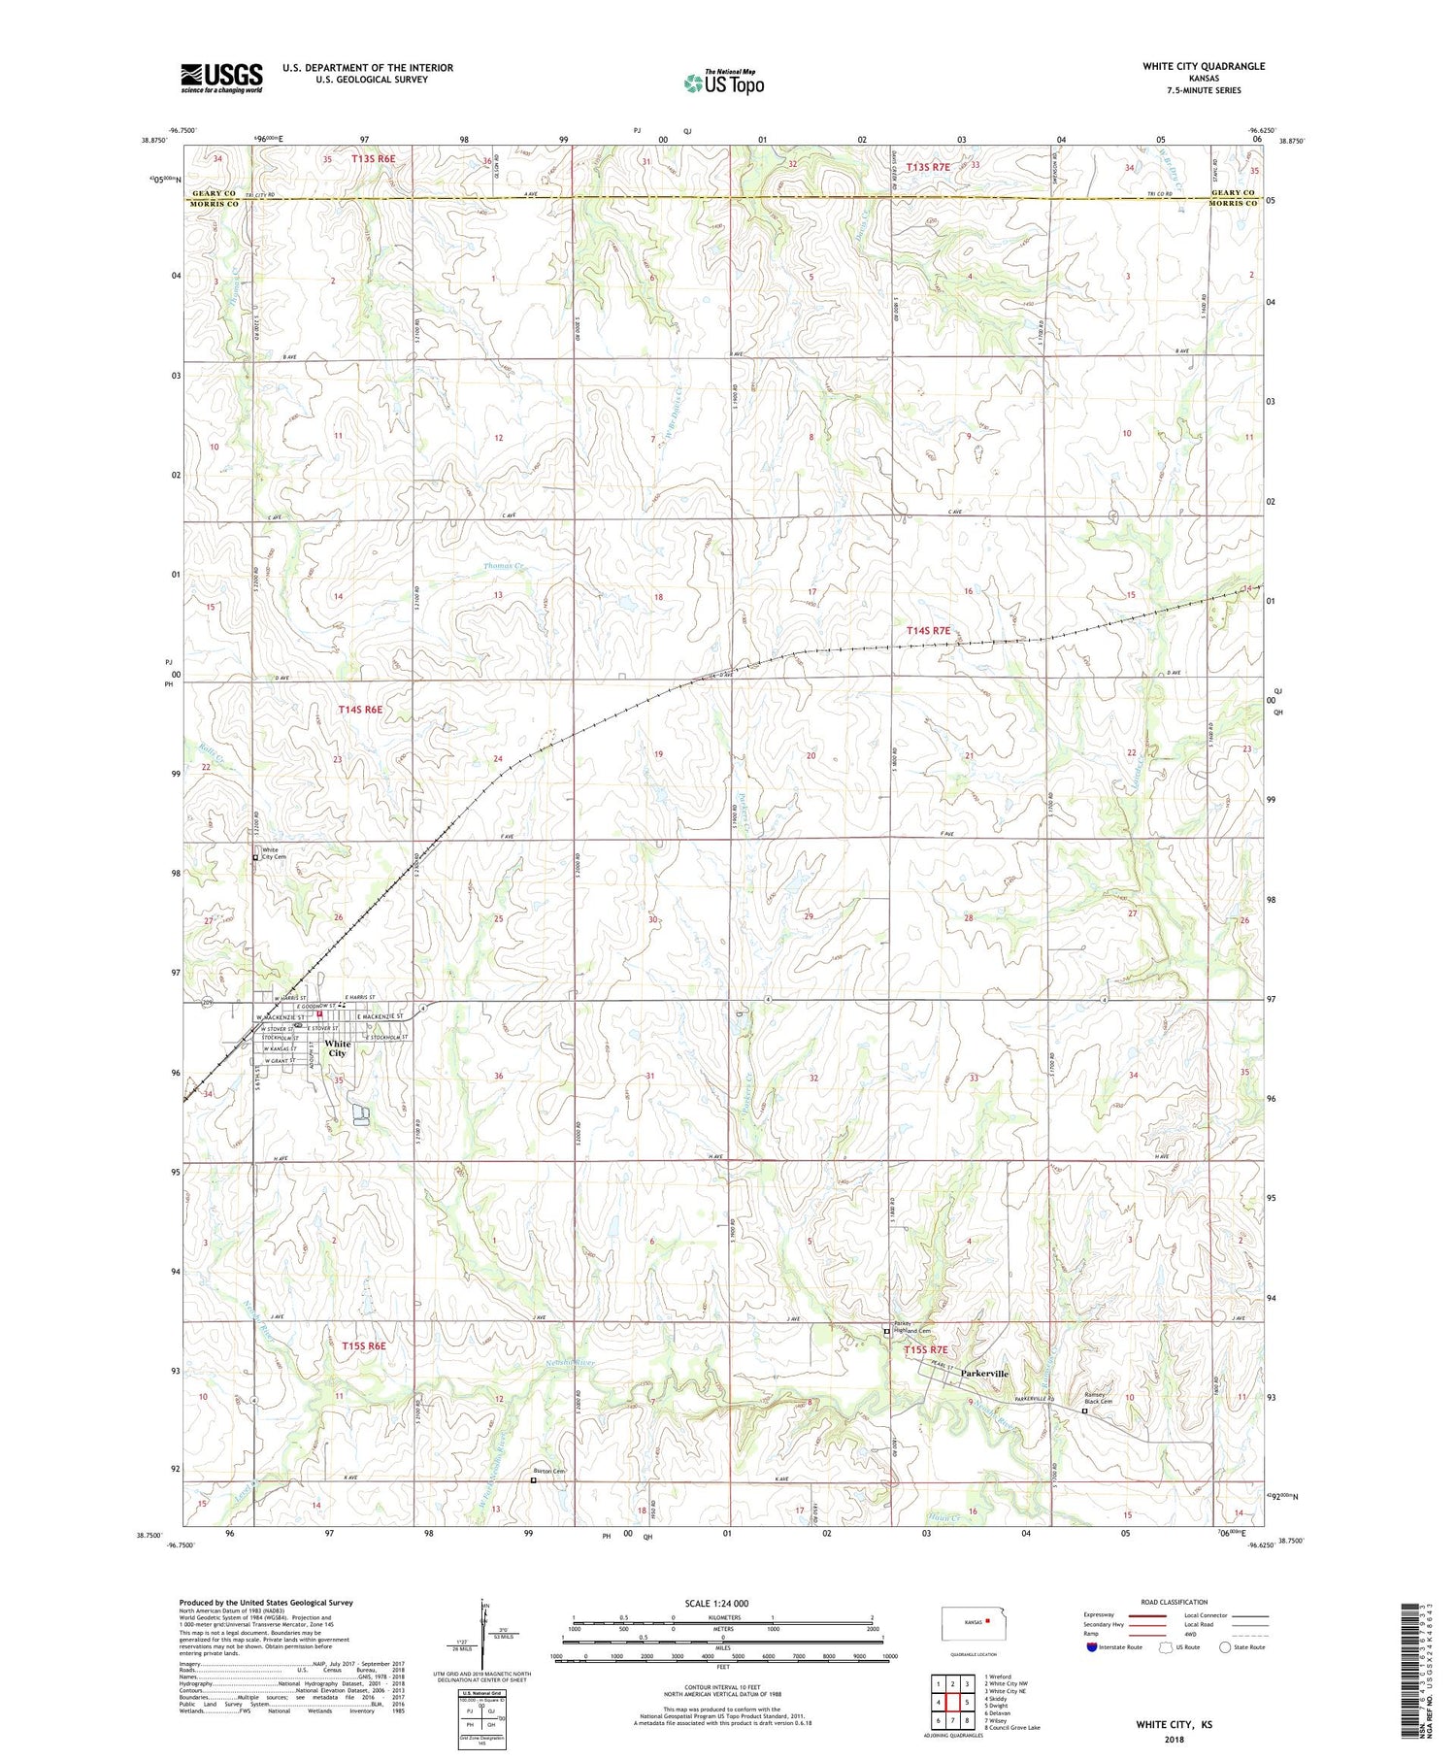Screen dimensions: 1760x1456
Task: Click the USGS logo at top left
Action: [221, 78]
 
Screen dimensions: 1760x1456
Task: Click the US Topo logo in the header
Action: [723, 83]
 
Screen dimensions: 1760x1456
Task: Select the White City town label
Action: [337, 1048]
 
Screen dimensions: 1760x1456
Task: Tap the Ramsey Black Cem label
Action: [1101, 1399]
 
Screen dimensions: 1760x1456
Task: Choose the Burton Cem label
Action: [549, 1472]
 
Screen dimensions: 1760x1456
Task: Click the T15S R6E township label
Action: [364, 1346]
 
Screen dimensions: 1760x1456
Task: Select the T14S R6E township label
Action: [360, 710]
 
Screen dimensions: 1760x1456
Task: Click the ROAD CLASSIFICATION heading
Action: [1175, 1602]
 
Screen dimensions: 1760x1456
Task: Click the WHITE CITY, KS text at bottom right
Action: [1174, 1724]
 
